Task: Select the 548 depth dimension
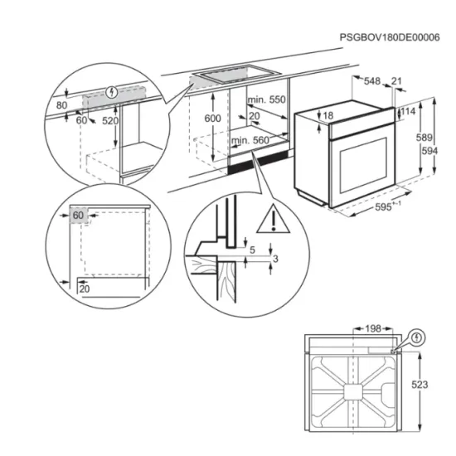[371, 81]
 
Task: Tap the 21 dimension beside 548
[396, 81]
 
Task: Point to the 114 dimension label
[408, 112]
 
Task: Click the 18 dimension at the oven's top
[328, 115]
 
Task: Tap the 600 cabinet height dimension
[214, 119]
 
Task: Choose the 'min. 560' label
[250, 141]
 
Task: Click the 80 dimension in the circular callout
[61, 105]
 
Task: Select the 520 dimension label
[109, 121]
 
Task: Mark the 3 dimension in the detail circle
[276, 260]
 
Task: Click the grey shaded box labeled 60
[79, 215]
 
